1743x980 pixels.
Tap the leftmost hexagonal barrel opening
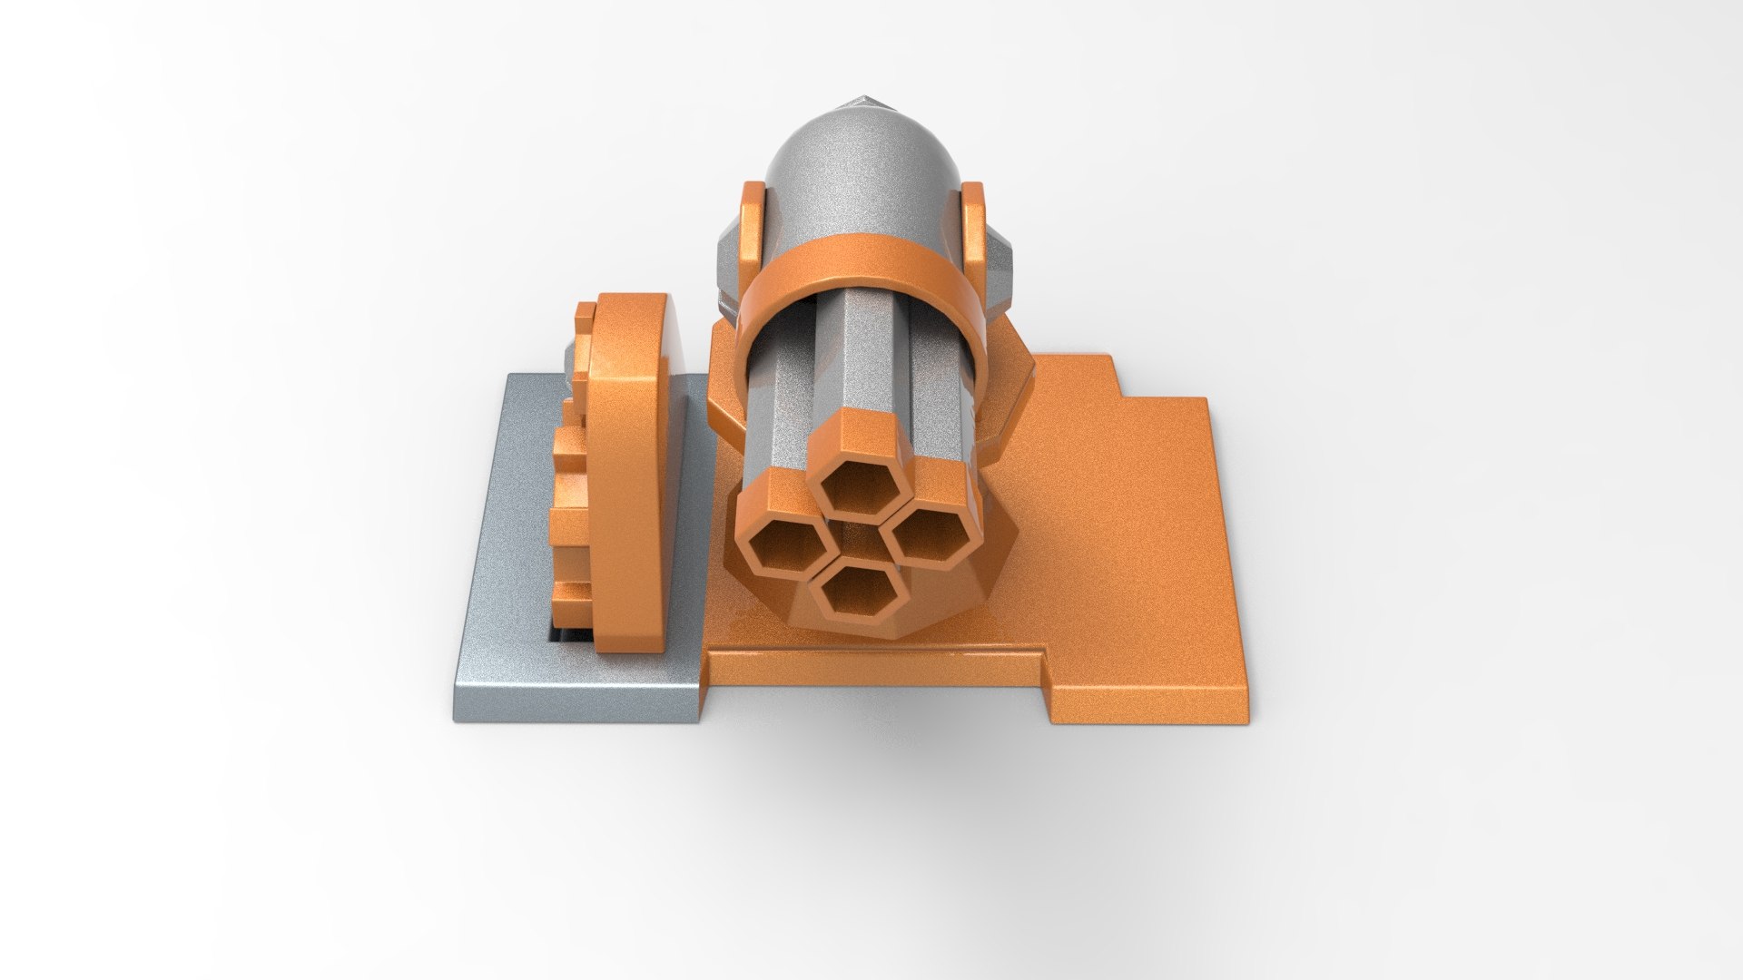pyautogui.click(x=785, y=547)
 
